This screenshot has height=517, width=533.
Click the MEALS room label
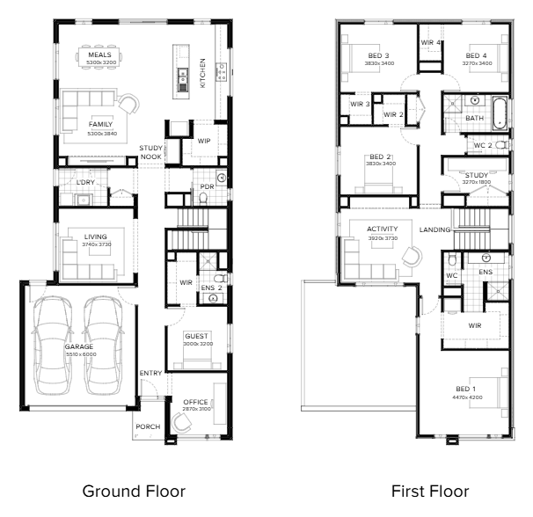pyautogui.click(x=99, y=55)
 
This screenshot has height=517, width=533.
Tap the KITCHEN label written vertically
pyautogui.click(x=202, y=73)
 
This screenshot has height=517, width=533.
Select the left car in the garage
pyautogui.click(x=52, y=345)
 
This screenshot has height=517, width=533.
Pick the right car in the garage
pyautogui.click(x=102, y=345)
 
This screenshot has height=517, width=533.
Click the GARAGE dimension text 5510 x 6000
pyautogui.click(x=81, y=354)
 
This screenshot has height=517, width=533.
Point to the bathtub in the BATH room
pyautogui.click(x=500, y=113)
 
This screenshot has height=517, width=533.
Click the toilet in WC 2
pyautogui.click(x=502, y=145)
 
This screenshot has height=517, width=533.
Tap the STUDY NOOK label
pyautogui.click(x=151, y=152)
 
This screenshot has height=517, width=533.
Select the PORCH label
pyautogui.click(x=148, y=426)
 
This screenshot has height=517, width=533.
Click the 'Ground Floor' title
pyautogui.click(x=134, y=492)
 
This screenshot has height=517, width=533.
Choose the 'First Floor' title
pyautogui.click(x=430, y=492)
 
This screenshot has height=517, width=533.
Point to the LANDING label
pyautogui.click(x=434, y=229)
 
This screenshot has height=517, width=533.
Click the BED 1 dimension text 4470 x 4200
pyautogui.click(x=467, y=397)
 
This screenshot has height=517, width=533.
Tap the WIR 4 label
pyautogui.click(x=431, y=42)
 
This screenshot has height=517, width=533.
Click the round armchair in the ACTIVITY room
pyautogui.click(x=413, y=257)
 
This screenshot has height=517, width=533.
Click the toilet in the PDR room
pyautogui.click(x=203, y=199)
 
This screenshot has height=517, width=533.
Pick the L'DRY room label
pyautogui.click(x=85, y=183)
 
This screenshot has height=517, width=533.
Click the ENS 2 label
pyautogui.click(x=211, y=288)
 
